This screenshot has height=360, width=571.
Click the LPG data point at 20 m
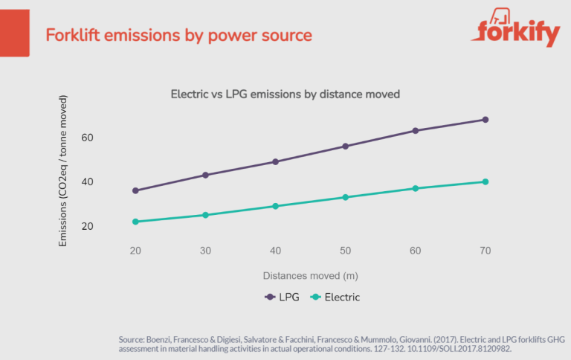pos(135,190)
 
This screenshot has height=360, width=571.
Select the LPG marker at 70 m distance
pos(485,120)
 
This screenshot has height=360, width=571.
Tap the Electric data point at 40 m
pos(275,206)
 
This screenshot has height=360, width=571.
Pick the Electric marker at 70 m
pos(485,181)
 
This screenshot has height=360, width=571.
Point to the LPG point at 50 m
pos(345,146)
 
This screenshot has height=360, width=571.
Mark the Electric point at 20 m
pos(135,222)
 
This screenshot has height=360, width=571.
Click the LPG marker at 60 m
pos(416,131)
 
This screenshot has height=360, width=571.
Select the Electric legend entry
pos(335,297)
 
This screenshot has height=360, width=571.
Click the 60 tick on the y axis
pos(109,138)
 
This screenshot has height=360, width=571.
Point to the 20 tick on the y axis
pos(109,226)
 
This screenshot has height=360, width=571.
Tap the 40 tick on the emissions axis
pos(109,182)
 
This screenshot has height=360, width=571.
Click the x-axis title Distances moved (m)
pos(310,275)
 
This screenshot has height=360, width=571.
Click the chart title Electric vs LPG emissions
pos(285,94)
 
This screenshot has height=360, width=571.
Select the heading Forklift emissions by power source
pos(178,35)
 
